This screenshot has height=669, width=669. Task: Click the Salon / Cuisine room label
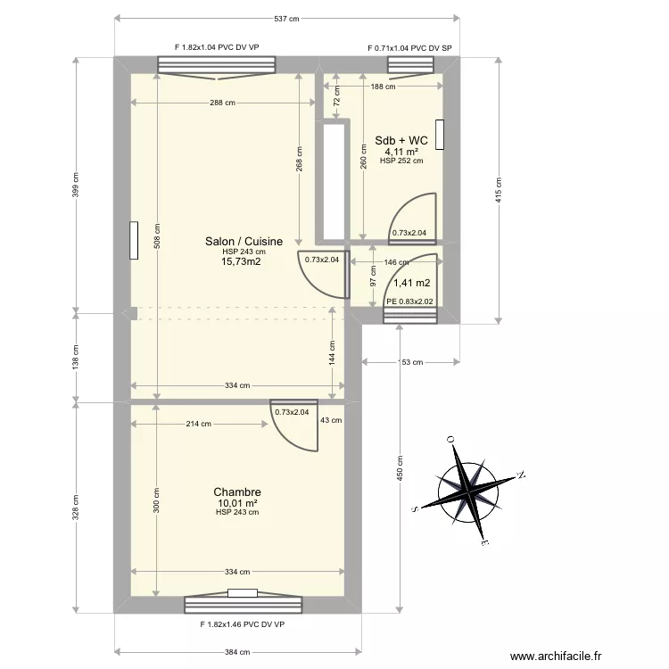244,241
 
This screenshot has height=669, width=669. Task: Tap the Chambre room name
237,491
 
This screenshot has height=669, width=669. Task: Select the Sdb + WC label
401,140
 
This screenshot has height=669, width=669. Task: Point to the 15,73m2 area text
241,261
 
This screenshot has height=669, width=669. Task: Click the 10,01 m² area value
237,503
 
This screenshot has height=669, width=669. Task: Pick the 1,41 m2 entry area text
412,283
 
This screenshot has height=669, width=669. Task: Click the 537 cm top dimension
286,19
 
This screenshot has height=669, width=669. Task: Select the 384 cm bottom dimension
237,652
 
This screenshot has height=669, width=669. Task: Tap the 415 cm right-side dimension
499,190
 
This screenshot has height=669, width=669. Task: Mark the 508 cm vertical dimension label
157,236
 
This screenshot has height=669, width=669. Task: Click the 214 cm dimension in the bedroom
198,424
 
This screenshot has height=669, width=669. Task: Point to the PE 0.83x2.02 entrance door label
409,301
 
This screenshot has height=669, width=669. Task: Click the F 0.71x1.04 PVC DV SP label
409,48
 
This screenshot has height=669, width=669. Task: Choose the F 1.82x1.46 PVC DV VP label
243,624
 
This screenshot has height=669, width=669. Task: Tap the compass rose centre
468,491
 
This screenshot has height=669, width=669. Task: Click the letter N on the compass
521,475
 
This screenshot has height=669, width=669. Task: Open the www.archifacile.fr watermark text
556,656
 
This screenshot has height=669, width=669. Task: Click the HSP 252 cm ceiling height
401,161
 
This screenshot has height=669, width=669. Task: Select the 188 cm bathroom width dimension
383,87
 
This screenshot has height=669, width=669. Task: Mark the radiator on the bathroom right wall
440,135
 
